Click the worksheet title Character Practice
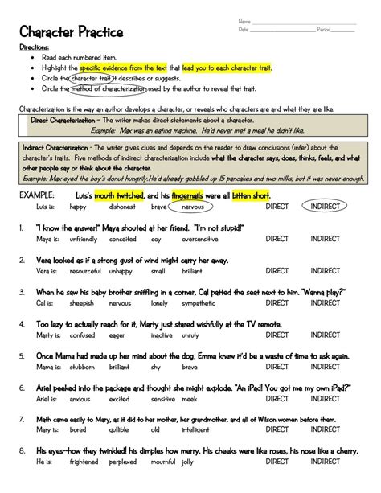tap(72, 32)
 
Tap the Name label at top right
tap(244, 20)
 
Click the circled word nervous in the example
tap(193, 207)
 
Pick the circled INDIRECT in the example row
tap(326, 207)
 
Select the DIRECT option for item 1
tap(277, 239)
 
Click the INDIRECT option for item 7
tap(326, 431)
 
